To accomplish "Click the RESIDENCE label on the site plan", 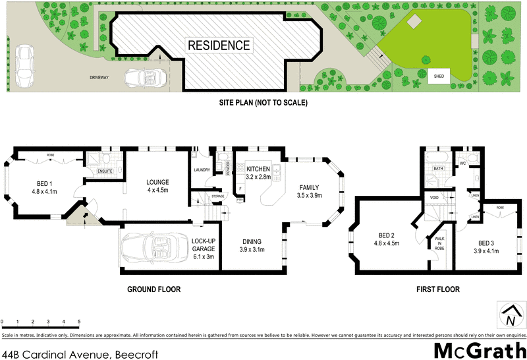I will coord(219,45).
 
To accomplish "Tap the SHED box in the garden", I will coord(439,76).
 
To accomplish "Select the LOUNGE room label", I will coord(158,187).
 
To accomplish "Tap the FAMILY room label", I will coord(308,191).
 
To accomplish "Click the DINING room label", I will coord(254,246).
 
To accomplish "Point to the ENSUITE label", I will coord(105,171).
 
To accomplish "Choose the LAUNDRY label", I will coord(202,170).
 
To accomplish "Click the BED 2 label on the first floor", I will coord(387,239).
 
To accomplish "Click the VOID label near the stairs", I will coord(434,197).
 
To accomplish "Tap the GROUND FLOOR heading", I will coord(154,289).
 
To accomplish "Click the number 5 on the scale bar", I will coord(79,322).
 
